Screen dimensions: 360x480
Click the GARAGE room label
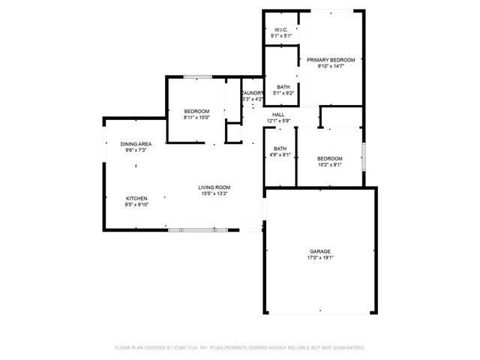[320, 251]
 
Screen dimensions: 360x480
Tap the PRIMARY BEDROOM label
[330, 59]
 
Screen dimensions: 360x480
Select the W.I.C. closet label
[280, 30]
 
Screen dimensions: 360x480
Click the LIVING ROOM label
[214, 187]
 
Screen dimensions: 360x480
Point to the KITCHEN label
[136, 198]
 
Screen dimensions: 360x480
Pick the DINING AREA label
[136, 144]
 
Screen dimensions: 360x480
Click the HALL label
[277, 114]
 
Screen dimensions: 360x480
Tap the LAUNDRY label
[253, 93]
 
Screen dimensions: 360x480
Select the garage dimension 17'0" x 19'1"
[320, 258]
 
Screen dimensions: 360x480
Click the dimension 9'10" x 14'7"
[330, 66]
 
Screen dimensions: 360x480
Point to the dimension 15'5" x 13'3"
[214, 194]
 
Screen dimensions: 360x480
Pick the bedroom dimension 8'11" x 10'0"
[196, 118]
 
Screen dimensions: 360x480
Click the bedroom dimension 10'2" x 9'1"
[329, 165]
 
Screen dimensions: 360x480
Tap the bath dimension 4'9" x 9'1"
[280, 155]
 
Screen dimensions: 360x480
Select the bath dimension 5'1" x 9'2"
[283, 93]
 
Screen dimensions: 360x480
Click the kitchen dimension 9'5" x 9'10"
[136, 205]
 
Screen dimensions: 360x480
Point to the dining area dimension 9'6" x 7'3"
[136, 151]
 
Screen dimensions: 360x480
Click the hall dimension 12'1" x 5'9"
[277, 121]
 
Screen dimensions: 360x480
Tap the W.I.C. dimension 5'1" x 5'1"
[280, 36]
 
